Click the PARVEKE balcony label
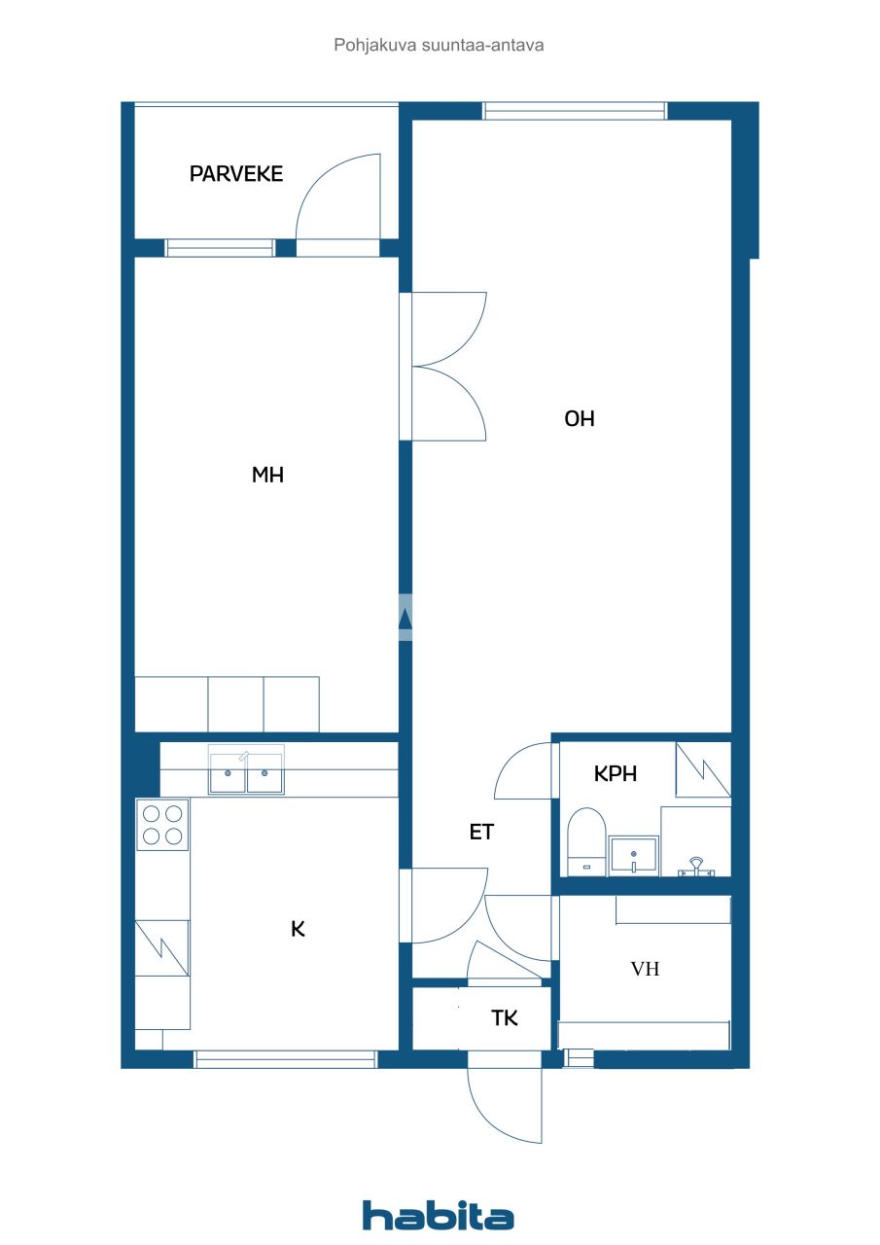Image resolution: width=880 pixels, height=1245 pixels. pos(236,174)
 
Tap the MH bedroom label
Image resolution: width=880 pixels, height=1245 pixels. pos(267,475)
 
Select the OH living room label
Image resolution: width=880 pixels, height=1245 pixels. pos(580,419)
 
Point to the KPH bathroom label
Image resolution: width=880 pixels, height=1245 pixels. pos(616,774)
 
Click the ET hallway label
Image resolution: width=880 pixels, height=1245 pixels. pos(482,833)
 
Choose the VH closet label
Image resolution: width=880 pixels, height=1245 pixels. pos(646,969)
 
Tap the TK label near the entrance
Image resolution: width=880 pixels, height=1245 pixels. pos(505,1018)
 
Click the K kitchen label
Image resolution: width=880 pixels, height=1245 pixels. pos(299,929)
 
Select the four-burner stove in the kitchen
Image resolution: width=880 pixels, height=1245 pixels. pos(161,825)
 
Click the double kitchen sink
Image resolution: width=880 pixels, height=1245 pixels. pos(246,774)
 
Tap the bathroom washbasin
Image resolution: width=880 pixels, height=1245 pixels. pos(633,854)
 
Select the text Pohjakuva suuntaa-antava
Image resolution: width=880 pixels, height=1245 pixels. pos(439,45)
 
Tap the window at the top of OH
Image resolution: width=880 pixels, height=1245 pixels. pos(576,111)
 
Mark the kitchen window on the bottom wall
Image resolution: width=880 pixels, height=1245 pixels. pos(285,1059)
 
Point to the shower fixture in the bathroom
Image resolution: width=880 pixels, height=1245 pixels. pos(695,865)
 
